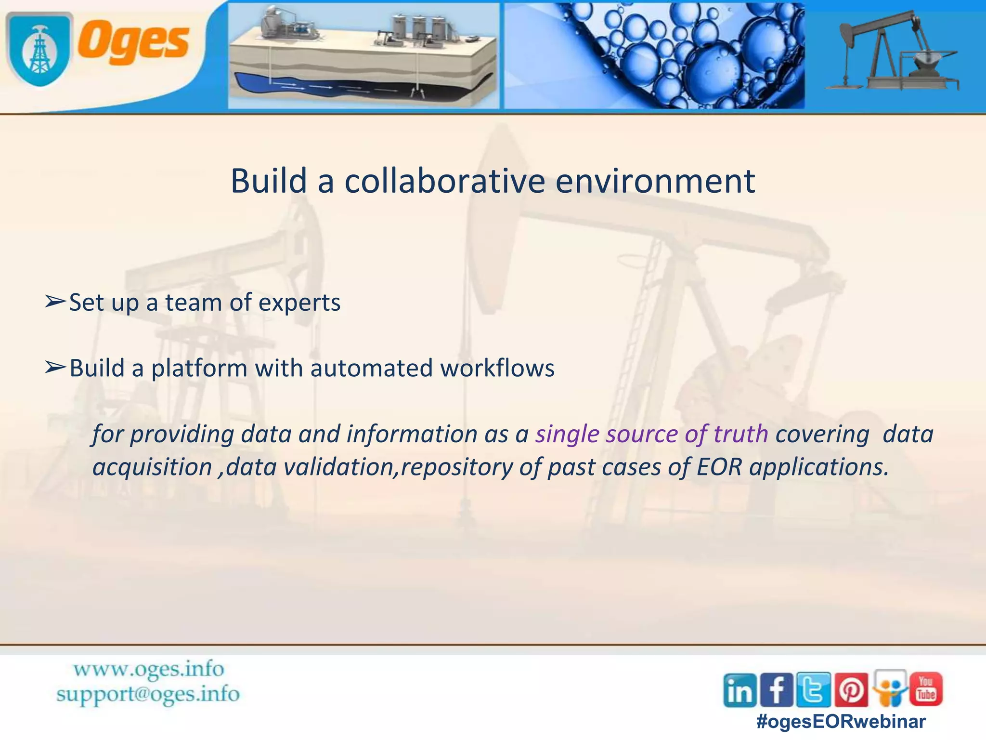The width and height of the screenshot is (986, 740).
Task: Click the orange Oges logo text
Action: click(x=134, y=43)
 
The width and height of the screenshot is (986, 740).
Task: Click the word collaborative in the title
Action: click(x=444, y=182)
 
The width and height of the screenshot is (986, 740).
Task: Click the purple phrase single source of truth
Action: click(x=651, y=434)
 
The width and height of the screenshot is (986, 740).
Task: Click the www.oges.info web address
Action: click(x=149, y=669)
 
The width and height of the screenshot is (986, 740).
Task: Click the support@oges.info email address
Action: click(x=148, y=694)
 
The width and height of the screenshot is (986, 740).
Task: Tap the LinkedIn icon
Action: click(x=740, y=690)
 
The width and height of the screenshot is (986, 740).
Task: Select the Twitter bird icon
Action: click(x=814, y=690)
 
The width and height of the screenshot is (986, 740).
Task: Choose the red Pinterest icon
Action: click(x=851, y=690)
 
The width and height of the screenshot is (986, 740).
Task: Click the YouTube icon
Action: click(x=925, y=689)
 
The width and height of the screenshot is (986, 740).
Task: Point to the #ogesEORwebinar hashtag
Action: click(x=841, y=722)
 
